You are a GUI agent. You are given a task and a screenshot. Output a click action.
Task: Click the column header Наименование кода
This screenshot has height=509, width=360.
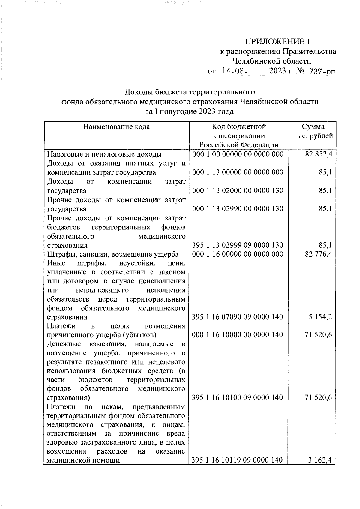[116, 127]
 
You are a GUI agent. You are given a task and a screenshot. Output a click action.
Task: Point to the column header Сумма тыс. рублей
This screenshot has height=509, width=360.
[313, 131]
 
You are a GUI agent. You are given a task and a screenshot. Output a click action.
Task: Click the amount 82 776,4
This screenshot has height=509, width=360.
[319, 254]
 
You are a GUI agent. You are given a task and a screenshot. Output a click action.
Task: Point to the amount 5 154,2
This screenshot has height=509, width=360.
[320, 317]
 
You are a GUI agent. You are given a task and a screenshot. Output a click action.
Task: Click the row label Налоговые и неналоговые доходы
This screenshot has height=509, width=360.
[105, 155]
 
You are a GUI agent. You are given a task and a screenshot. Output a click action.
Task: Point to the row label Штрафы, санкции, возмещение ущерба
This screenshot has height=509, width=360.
[113, 254]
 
